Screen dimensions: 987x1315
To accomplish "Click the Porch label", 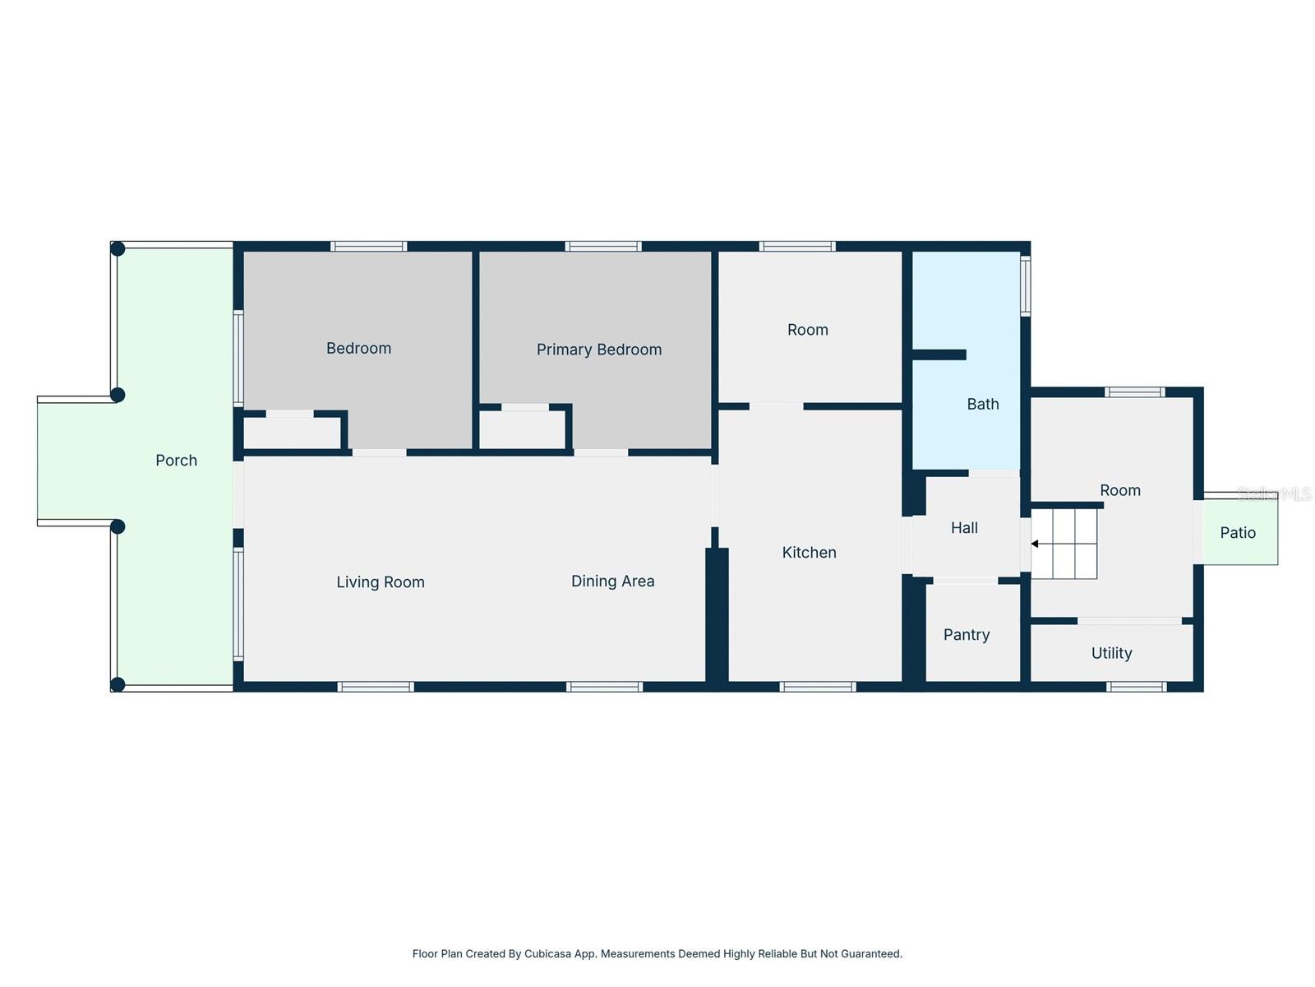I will [176, 461].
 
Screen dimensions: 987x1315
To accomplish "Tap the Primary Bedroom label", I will [598, 350].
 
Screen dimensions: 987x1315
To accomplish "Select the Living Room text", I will [380, 582].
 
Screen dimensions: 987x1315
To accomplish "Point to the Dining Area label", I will [612, 582].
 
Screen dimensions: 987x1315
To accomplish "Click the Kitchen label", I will [809, 553].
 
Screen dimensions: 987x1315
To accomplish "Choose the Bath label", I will [982, 404].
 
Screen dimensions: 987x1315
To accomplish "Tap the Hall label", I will [964, 528].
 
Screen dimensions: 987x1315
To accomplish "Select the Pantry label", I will [966, 635].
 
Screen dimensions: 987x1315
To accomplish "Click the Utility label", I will [1111, 653].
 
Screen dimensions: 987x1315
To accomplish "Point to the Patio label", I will [1237, 533].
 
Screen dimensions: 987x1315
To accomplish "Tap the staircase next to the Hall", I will [1064, 544].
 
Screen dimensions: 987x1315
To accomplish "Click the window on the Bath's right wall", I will [1025, 286].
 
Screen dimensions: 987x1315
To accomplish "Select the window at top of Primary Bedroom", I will [602, 246].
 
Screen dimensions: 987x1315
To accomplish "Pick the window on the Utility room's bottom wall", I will [1136, 687].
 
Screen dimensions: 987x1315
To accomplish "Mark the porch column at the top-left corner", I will [118, 248].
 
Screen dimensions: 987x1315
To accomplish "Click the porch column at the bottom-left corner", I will [118, 684].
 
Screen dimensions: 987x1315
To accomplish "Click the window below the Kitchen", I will [817, 687].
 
